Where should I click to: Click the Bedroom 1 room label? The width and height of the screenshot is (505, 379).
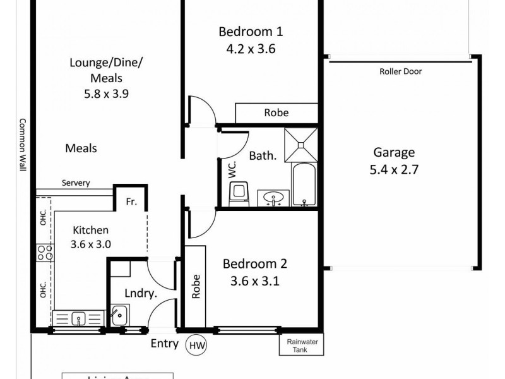(x=251, y=32)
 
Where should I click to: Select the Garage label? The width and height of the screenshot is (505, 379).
(x=394, y=152)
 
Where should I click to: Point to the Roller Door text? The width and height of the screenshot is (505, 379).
(x=400, y=71)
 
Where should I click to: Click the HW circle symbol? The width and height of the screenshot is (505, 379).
(x=196, y=345)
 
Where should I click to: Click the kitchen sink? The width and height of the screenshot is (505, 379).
(x=78, y=318)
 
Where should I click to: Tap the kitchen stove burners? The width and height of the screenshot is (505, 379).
(x=44, y=253)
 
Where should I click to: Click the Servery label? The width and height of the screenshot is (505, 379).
(x=76, y=183)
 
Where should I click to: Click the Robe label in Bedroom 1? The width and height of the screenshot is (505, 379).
(x=276, y=112)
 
